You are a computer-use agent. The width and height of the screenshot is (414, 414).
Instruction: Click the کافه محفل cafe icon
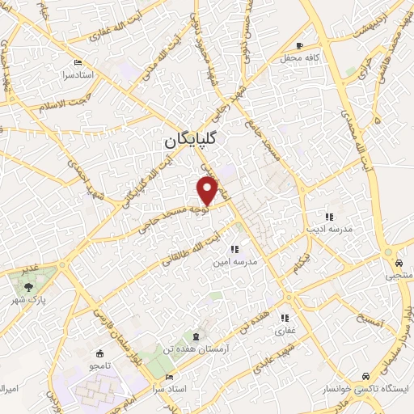pos(300,46)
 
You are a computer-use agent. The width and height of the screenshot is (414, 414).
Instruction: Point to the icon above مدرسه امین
pos(234,250)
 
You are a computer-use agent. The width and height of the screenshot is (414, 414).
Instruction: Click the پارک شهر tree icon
pos(29,285)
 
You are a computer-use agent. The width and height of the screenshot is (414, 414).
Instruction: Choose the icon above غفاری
pos(285,319)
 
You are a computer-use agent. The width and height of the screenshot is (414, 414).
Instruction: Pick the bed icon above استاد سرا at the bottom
pos(169,378)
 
